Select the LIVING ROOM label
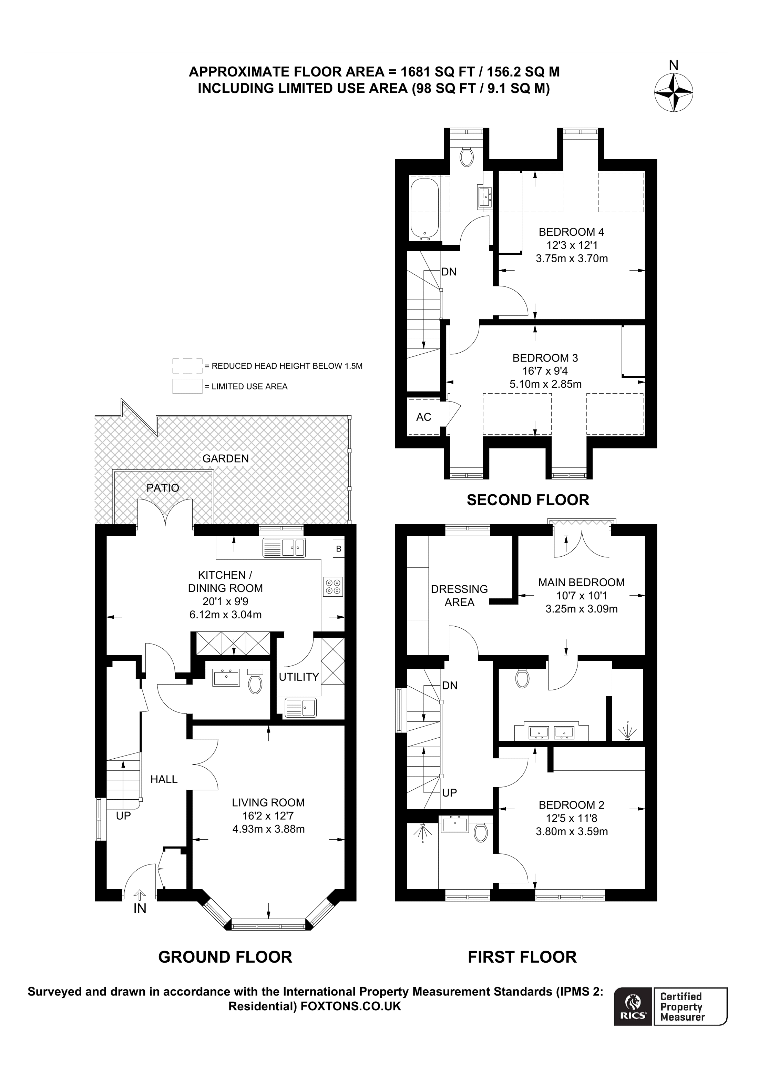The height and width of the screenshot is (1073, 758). tap(268, 802)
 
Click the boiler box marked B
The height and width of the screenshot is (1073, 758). tap(339, 549)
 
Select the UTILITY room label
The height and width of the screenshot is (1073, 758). tap(299, 677)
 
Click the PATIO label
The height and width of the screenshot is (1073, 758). tap(163, 488)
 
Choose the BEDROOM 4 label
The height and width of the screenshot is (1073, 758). tap(571, 232)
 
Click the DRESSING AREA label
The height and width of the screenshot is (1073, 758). tap(459, 595)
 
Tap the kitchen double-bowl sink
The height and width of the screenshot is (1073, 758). tap(284, 548)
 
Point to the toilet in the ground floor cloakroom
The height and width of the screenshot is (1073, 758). tap(255, 683)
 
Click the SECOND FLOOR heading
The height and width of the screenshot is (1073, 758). tap(528, 500)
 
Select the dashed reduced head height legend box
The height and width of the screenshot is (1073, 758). tap(187, 366)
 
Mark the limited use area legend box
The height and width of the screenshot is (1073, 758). tap(187, 386)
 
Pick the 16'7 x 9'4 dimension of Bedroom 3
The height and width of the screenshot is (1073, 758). tap(545, 371)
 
